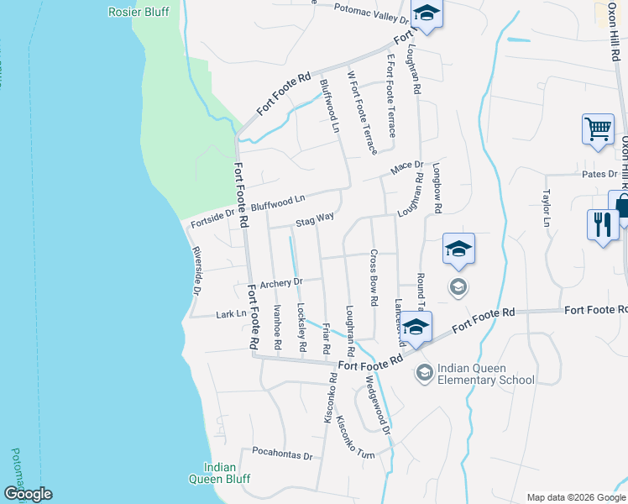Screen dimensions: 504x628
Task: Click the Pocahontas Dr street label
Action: point(282,455)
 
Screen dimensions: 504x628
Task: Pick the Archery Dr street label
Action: point(280,284)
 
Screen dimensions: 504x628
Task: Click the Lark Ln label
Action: point(231,314)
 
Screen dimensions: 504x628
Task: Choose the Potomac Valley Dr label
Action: point(370,13)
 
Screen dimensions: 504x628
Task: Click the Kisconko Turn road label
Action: point(355,436)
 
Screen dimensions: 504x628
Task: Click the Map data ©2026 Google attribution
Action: point(575,497)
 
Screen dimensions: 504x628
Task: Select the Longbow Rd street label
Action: point(437,197)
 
